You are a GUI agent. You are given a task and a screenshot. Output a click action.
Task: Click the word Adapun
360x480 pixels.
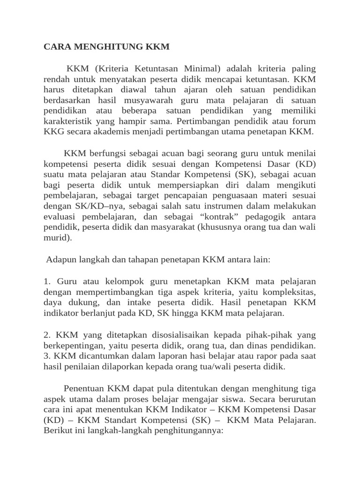pos(60,259)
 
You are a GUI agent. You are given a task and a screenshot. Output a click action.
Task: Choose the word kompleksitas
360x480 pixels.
pos(290,292)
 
